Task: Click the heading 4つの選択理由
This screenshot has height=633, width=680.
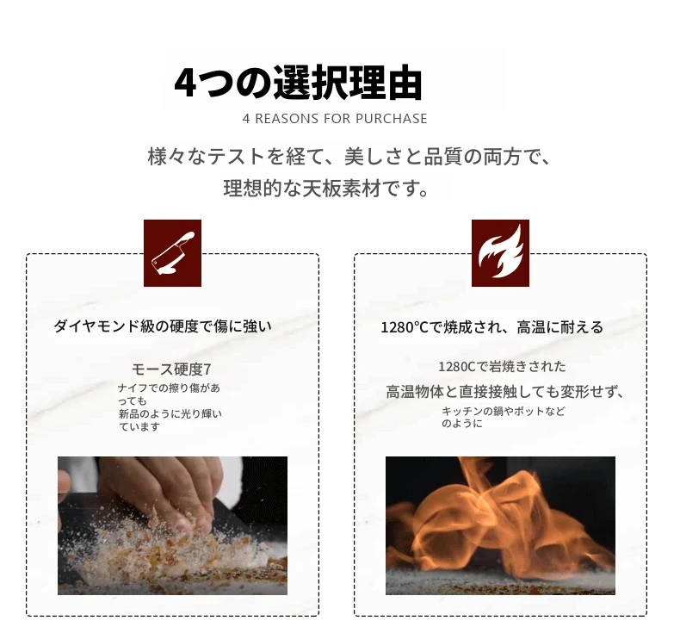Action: pos(298,84)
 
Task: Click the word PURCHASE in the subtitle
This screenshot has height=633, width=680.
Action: pos(392,119)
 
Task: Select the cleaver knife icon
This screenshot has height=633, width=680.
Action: pos(173,253)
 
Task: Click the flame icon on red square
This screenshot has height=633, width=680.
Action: pos(500,253)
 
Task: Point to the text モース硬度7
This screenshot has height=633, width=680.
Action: pos(172,369)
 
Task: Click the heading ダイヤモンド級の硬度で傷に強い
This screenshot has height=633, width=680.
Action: pos(163,326)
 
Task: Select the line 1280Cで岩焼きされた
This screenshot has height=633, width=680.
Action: pos(502,367)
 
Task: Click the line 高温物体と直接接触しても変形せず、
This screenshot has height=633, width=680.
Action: pos(505,392)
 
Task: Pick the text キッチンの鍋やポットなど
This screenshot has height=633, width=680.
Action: pos(504,411)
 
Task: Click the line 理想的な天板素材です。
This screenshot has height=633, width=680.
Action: pos(326,189)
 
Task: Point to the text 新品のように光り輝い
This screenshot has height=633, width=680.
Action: pos(170,414)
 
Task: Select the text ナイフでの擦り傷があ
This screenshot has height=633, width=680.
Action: pos(169,388)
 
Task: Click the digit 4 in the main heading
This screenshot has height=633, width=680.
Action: pos(186,84)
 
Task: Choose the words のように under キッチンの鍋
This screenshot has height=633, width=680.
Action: pos(462,424)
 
